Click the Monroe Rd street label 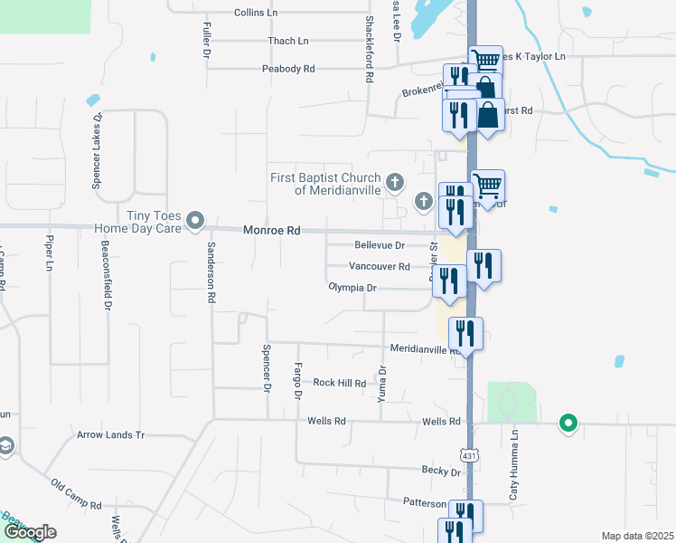271,231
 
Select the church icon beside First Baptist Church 394,183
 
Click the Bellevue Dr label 379,245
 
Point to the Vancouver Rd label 380,267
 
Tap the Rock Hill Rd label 339,383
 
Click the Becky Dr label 442,471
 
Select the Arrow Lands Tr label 111,434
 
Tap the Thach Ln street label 288,41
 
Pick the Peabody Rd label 288,69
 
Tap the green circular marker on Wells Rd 568,422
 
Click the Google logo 29,532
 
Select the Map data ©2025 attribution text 636,536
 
